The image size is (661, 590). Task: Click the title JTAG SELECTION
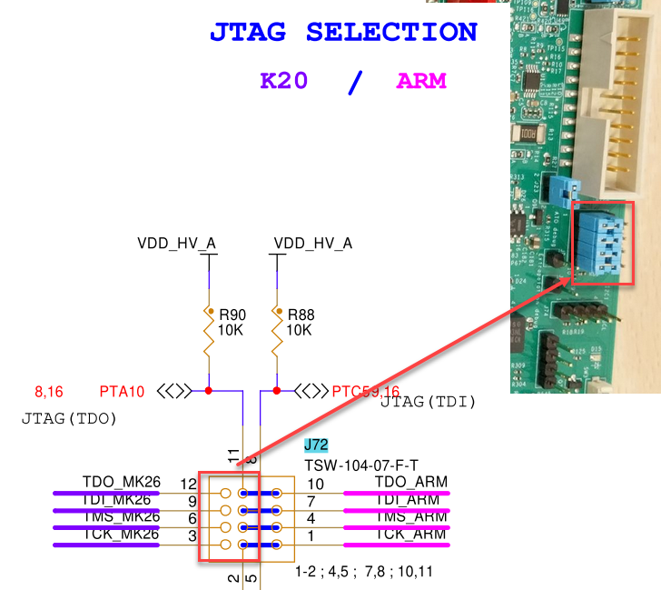(x=343, y=33)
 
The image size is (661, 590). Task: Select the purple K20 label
(x=283, y=80)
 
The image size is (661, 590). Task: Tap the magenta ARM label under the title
(x=421, y=80)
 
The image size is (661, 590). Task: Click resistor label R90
(x=232, y=315)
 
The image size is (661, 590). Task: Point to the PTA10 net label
(x=122, y=392)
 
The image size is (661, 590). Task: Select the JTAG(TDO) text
(x=69, y=419)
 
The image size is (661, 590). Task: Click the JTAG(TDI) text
(x=429, y=401)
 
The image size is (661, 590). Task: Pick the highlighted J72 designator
(x=317, y=445)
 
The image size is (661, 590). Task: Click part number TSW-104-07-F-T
(x=362, y=465)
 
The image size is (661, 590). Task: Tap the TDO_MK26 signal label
(x=121, y=483)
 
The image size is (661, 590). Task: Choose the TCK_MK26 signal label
(x=121, y=535)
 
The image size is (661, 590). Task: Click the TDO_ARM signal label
(x=410, y=482)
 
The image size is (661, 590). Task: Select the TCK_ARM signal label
(x=410, y=535)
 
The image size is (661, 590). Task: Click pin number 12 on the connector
(x=189, y=484)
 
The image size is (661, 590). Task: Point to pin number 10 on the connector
(x=315, y=484)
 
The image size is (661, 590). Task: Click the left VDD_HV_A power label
(x=177, y=244)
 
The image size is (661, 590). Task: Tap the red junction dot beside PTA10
(x=209, y=391)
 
